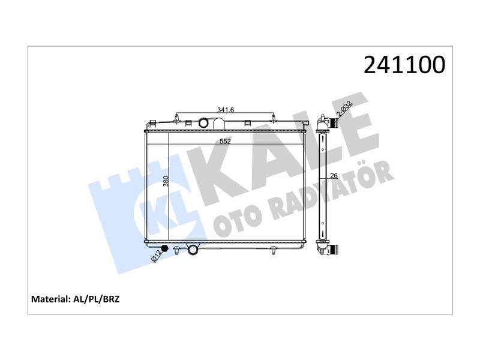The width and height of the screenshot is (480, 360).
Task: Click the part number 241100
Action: pyautogui.click(x=404, y=65)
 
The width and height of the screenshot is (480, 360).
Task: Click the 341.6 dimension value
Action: pyautogui.click(x=226, y=110)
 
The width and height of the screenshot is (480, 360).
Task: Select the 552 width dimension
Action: pyautogui.click(x=225, y=141)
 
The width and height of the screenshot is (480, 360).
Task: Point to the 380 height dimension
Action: pyautogui.click(x=166, y=181)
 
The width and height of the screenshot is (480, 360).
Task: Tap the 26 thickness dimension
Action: pyautogui.click(x=334, y=176)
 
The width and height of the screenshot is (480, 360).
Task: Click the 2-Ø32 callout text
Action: pyautogui.click(x=344, y=109)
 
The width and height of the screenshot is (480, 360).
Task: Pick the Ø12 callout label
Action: pyautogui.click(x=156, y=256)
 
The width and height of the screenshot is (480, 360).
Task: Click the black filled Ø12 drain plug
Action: pyautogui.click(x=164, y=248)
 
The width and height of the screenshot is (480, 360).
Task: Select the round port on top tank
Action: pyautogui.click(x=203, y=123)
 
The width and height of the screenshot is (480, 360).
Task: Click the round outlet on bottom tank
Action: pyautogui.click(x=193, y=249)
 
